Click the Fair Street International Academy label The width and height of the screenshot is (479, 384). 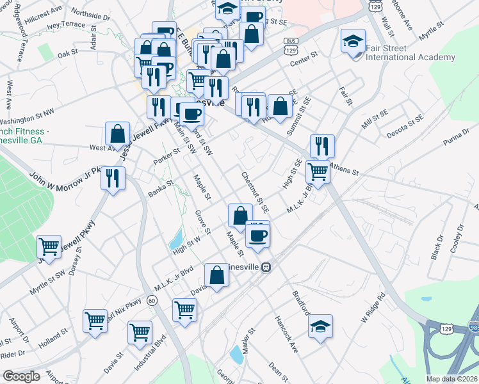[410, 52]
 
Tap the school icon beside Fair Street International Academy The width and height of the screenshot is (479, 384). [352, 42]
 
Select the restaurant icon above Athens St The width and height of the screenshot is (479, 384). [322, 147]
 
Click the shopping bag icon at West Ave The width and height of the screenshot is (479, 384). [117, 134]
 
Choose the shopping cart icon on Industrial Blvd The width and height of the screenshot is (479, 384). [140, 332]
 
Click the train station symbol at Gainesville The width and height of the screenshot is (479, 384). [272, 268]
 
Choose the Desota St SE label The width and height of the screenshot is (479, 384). [405, 127]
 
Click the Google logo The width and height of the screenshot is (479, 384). [22, 376]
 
